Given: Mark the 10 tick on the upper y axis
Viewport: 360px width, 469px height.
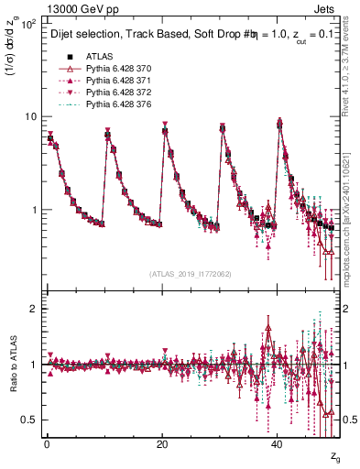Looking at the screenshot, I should [x=30, y=117].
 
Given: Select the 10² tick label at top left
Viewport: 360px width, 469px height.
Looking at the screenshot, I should [x=27, y=24].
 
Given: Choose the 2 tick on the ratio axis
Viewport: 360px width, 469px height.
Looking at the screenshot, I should [x=33, y=309].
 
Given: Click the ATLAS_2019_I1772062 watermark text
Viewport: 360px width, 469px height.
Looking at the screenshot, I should [x=191, y=274].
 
